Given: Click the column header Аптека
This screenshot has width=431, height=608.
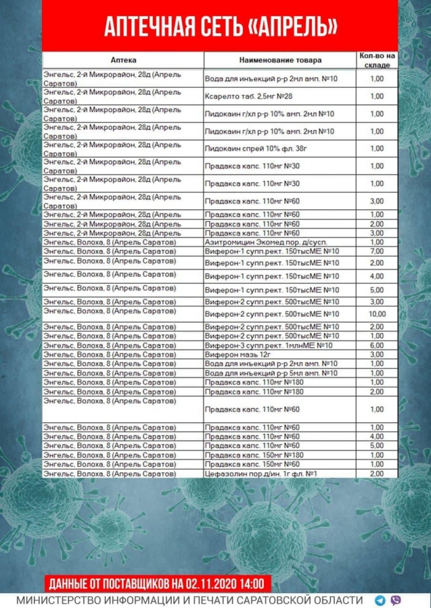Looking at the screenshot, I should pos(123,59).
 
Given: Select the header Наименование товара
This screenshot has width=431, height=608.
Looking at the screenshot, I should pos(281,59).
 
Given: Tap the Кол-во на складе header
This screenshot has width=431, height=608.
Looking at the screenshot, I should pos(376,59).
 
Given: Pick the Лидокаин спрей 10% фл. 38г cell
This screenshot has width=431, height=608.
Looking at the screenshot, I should pos(254,149).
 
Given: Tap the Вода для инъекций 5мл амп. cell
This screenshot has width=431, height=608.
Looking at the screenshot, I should pos(271,373).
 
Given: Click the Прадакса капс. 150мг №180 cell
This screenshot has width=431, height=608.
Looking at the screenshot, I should pos(254,455).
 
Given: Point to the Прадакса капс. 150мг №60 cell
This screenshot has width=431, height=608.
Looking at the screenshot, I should pos(252,465).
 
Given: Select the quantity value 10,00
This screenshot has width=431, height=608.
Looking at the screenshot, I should pos(377,314).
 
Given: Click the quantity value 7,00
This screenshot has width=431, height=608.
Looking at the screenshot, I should pos(377,251).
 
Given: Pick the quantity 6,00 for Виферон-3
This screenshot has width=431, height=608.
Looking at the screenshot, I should pos(377,345).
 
